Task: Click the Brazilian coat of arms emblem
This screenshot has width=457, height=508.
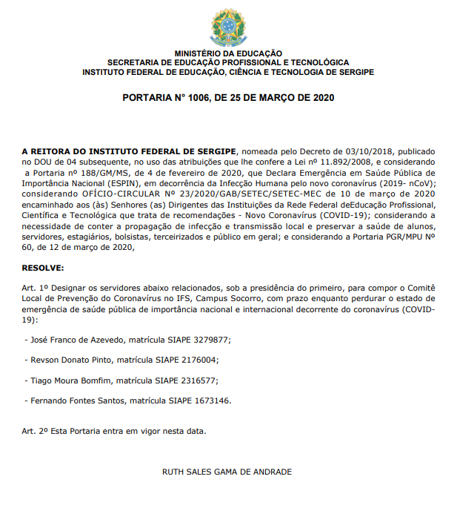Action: pyautogui.click(x=228, y=27)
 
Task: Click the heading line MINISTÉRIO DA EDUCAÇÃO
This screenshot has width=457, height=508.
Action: pyautogui.click(x=228, y=53)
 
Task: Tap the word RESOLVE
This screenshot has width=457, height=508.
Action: pyautogui.click(x=43, y=266)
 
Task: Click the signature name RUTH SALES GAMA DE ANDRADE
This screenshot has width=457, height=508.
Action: pyautogui.click(x=227, y=472)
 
